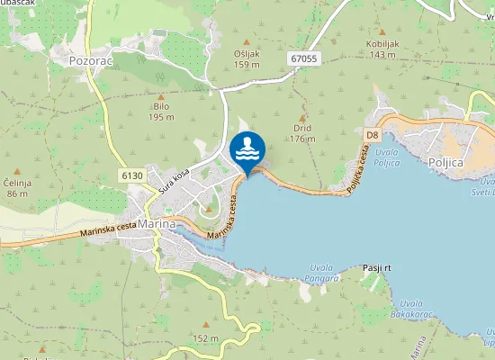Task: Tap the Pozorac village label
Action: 90,61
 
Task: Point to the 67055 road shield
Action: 304,58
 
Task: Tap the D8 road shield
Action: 373,134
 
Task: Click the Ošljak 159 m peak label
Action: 247,58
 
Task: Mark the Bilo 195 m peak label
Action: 162,111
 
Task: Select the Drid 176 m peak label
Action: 302,133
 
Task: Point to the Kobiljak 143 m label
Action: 382,49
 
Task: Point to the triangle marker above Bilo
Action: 161,95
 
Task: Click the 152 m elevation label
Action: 205,337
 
